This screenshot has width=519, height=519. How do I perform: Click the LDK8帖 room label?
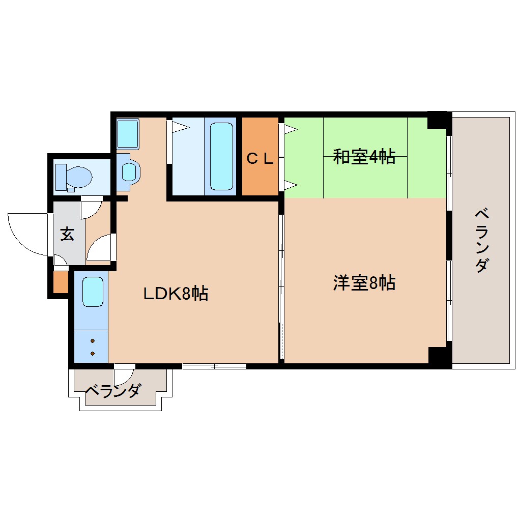tap(175, 293)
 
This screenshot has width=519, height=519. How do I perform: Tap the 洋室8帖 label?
tap(364, 282)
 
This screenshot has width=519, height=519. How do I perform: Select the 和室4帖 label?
tap(364, 157)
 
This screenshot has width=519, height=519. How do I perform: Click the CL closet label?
tap(260, 158)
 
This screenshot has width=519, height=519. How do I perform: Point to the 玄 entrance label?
tap(67, 235)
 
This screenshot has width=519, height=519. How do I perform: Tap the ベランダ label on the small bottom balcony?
tap(112, 391)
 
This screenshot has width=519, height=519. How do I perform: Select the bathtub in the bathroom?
tap(220, 156)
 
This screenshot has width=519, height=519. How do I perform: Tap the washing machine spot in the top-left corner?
tap(127, 133)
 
